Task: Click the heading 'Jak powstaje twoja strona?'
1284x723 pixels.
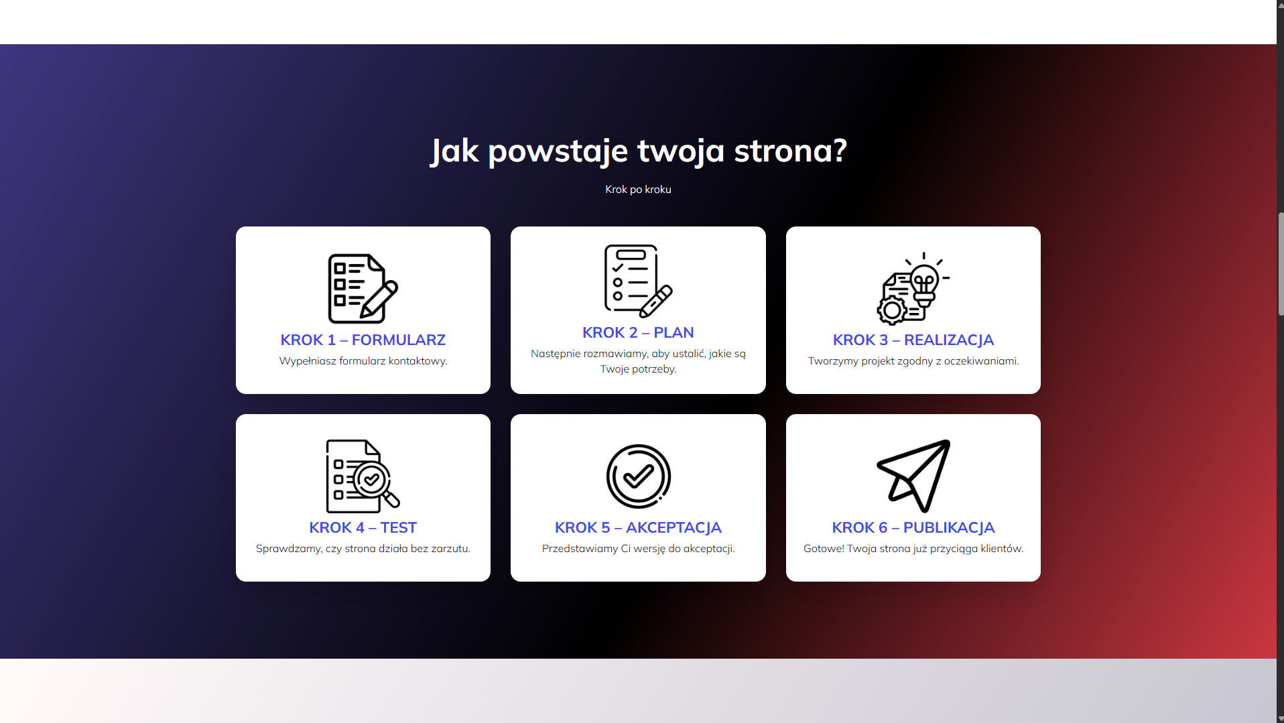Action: (x=639, y=151)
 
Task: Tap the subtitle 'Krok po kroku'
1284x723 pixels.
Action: (x=638, y=190)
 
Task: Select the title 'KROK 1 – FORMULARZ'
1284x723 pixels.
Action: (x=363, y=340)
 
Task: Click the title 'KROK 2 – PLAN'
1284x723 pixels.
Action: (x=638, y=332)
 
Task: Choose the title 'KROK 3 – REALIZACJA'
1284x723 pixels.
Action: (x=913, y=340)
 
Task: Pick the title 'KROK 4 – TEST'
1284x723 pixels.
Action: (x=363, y=527)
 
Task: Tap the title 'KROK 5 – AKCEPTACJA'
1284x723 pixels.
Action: (x=638, y=527)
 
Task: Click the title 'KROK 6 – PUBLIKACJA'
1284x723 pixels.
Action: (x=913, y=527)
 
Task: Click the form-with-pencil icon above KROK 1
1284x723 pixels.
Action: (x=363, y=288)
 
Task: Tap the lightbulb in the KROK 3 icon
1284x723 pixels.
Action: (x=924, y=281)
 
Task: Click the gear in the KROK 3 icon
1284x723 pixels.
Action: (x=892, y=311)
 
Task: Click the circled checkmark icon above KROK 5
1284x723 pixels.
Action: (x=638, y=476)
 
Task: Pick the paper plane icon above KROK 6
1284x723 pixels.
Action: (x=913, y=474)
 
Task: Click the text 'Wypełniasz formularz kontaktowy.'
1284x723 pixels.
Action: (x=363, y=361)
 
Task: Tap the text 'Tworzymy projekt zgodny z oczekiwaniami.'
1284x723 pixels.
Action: (x=913, y=361)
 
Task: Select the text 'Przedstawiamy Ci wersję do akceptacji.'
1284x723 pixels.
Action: (x=638, y=549)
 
